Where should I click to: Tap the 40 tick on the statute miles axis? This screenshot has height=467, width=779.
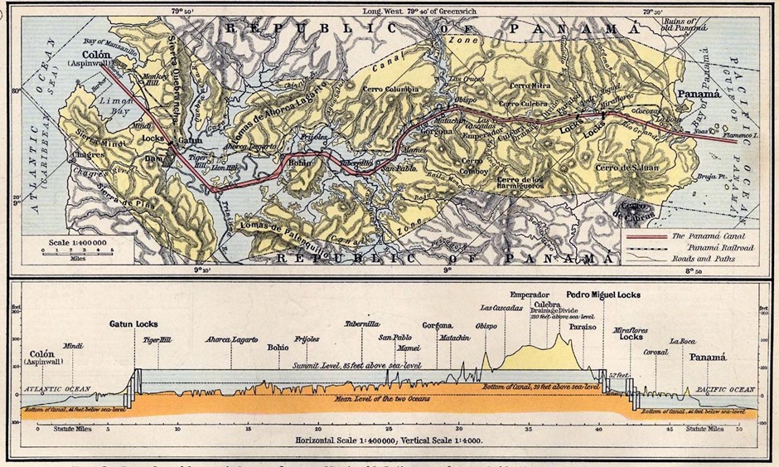point(598,429)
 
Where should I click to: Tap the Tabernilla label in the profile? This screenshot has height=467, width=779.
point(362,324)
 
